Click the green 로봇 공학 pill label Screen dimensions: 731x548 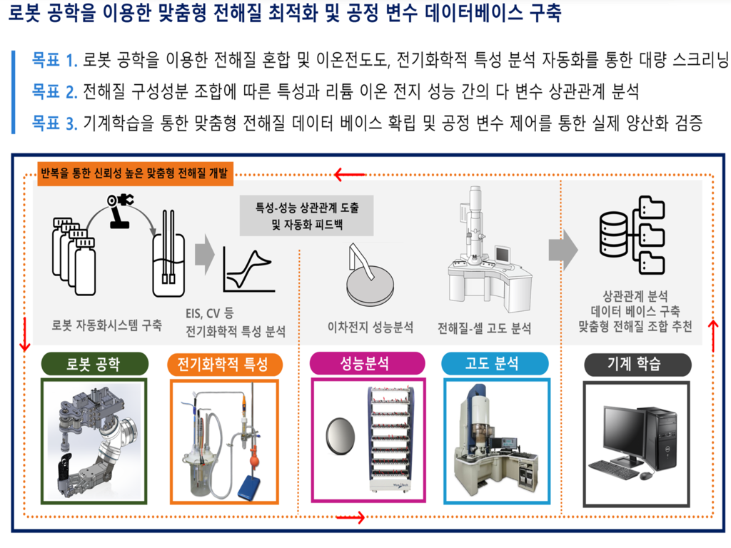[95, 364]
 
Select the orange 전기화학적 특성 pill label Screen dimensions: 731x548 [225, 364]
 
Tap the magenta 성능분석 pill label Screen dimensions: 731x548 [368, 363]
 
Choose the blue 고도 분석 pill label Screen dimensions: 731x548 [495, 363]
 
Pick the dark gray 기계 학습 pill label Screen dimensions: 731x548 [637, 364]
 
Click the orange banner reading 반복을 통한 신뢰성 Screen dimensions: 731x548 [135, 173]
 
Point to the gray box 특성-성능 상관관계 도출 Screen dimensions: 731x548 [306, 215]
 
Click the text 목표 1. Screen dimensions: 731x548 [54, 60]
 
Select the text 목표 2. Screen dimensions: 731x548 [54, 91]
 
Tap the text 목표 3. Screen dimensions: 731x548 [54, 123]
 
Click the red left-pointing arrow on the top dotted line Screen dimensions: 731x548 [350, 176]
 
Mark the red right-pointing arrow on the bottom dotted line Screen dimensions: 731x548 [351, 517]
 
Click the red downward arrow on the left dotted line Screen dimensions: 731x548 [24, 334]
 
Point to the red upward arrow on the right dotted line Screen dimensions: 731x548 [713, 337]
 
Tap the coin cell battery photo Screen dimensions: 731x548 [341, 436]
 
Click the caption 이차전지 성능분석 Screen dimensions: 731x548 [370, 327]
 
